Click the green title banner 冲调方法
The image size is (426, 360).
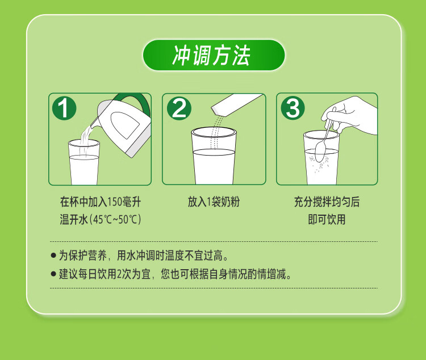point(214,55)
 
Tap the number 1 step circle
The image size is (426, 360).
point(64,108)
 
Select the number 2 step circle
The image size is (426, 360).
point(179,108)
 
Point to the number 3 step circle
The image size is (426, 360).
point(293,108)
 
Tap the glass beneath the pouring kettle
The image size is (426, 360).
point(83,162)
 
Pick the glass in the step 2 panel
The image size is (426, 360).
point(214,156)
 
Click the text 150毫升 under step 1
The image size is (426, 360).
point(124,202)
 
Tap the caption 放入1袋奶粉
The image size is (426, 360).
point(214,202)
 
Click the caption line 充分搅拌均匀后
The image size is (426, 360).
point(327,202)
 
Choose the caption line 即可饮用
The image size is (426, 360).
point(327,220)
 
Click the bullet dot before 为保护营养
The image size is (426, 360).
point(53,256)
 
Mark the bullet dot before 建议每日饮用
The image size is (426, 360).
point(53,274)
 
